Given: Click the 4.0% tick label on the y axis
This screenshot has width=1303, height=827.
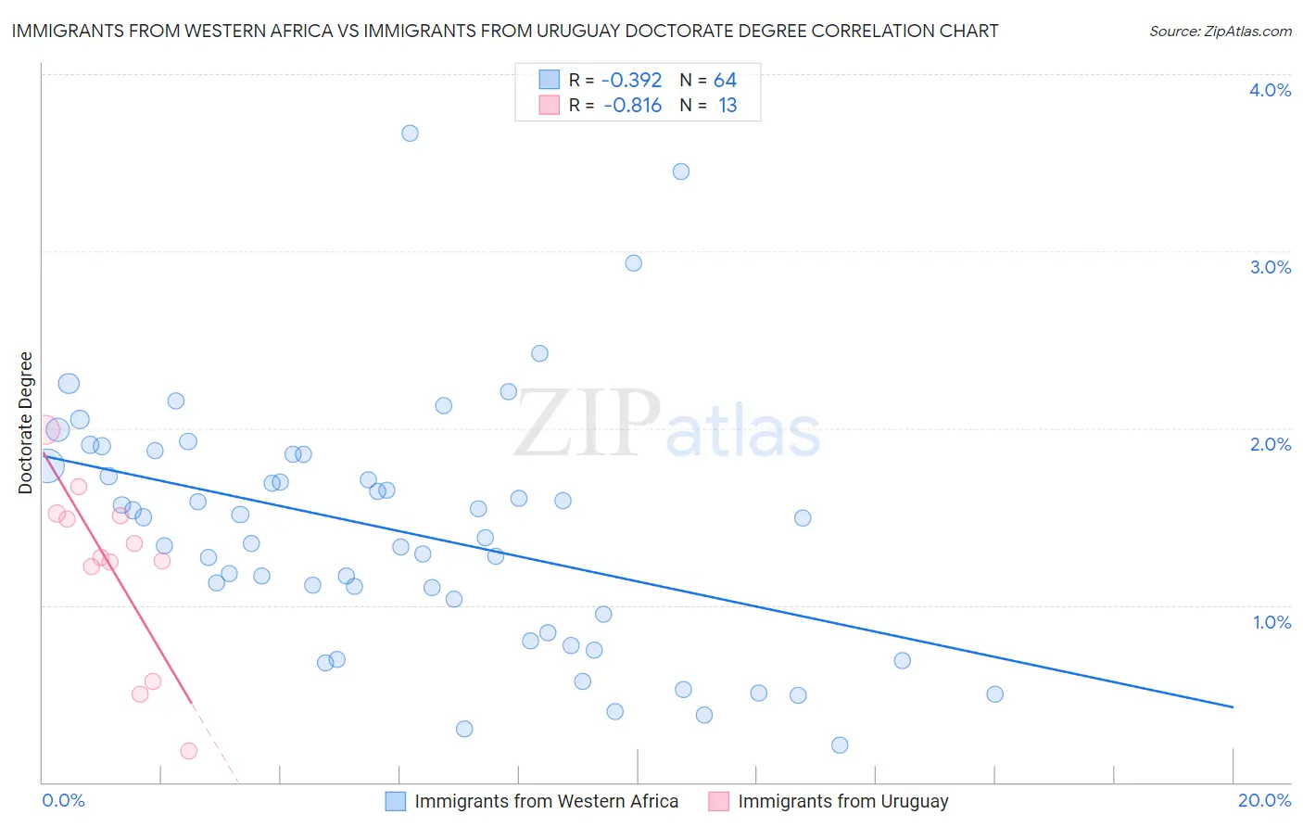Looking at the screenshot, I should pos(1270,90).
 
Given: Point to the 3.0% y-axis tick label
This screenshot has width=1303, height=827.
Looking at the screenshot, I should pos(1270,267).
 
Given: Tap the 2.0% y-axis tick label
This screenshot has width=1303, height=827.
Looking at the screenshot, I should pos(1270,444).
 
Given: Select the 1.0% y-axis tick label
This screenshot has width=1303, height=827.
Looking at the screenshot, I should pos(1271,622).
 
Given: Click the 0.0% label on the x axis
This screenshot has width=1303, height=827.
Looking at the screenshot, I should pos(63,800).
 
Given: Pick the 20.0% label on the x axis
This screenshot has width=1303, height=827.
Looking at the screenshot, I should pos(1264,800).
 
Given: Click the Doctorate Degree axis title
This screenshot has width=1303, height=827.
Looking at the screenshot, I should pos(25,423).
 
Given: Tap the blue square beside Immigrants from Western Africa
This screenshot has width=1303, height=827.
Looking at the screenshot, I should pos(396,801).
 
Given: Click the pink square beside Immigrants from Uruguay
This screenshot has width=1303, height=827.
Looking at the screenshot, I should pos(719,801).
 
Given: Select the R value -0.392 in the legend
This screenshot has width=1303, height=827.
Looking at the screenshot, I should pos(631,81).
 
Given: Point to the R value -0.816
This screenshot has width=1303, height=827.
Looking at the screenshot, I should pos(632,106).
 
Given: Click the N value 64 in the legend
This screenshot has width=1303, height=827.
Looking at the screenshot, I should pos(725,81).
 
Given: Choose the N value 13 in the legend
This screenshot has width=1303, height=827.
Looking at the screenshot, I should pos(727,106).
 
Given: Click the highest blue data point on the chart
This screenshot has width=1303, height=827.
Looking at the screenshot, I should pos(410,134).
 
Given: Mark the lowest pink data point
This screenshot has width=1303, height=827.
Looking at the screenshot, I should pos(189,751).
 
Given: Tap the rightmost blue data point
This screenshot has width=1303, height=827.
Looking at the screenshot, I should pos(995,694).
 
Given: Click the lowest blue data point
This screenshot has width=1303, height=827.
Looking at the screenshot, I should pos(840,745).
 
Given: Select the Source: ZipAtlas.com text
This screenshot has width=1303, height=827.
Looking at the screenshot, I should pos(1220,32).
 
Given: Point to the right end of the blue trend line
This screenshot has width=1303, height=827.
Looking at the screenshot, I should pos(1233,707).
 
